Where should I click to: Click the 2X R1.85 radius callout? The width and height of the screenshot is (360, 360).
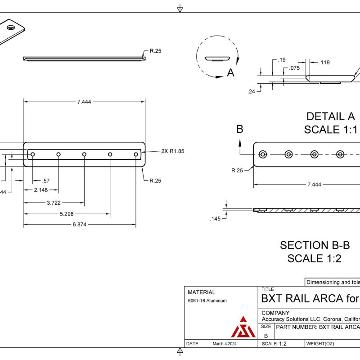tap(172, 151)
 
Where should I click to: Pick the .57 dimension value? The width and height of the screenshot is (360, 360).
tap(45, 180)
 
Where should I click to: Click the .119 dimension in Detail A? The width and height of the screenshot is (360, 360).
tap(324, 63)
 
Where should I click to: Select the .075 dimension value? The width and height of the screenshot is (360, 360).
tap(295, 68)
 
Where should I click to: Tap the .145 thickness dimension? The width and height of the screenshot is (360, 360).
tap(216, 219)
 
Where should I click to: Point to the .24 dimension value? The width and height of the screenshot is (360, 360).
tap(252, 91)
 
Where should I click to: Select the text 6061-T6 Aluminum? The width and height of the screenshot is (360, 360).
tap(207, 301)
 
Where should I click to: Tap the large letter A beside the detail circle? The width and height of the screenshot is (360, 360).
tap(230, 72)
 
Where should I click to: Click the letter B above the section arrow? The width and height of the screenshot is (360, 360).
tap(240, 130)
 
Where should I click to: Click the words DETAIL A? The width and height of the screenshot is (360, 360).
tap(331, 117)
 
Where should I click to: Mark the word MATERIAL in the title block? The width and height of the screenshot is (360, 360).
tap(201, 292)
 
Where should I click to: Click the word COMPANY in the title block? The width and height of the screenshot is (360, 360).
tap(275, 313)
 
